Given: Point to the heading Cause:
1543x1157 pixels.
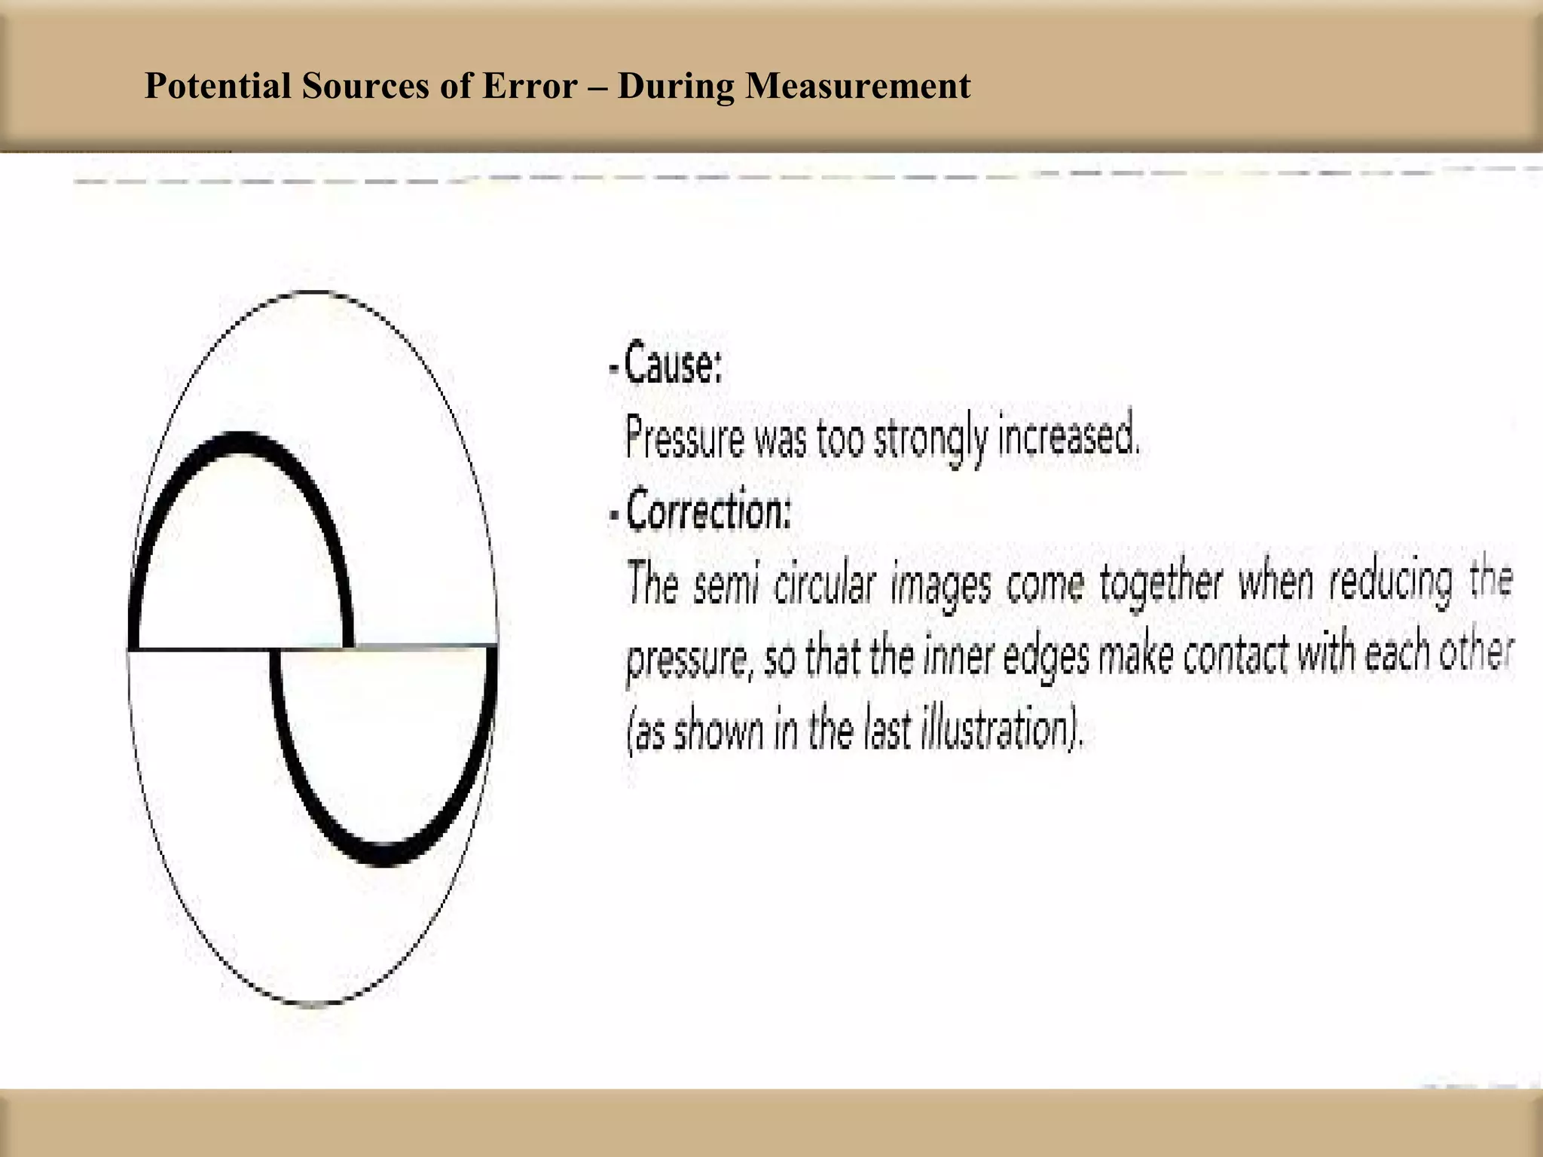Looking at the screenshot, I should tap(673, 365).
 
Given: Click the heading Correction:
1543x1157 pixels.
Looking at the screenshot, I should tap(708, 511).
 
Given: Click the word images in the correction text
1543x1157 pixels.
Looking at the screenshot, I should tap(940, 586).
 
